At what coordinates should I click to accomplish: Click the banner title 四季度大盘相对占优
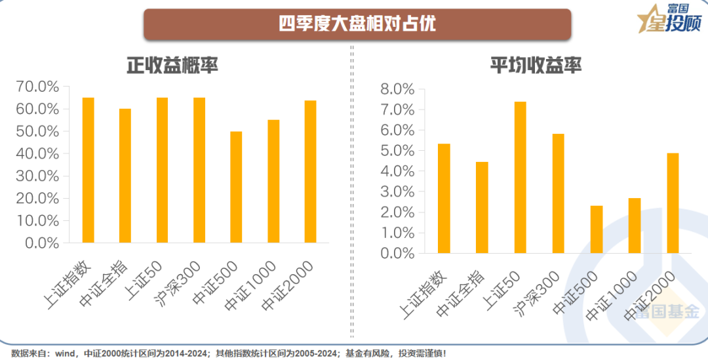pyautogui.click(x=357, y=24)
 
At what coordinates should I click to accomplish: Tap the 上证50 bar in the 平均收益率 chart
pyautogui.click(x=520, y=177)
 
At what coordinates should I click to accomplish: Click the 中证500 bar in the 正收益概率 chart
pyautogui.click(x=236, y=187)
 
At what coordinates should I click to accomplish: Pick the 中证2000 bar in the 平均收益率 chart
pyautogui.click(x=673, y=203)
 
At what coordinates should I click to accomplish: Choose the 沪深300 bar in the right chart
pyautogui.click(x=558, y=193)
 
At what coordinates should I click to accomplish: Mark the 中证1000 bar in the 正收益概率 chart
pyautogui.click(x=273, y=181)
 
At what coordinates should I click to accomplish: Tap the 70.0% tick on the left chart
pyautogui.click(x=37, y=87)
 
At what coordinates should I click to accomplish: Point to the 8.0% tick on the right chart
pyautogui.click(x=398, y=89)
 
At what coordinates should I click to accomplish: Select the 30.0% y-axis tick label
pyautogui.click(x=37, y=176)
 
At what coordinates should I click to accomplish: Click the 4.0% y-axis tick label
pyautogui.click(x=398, y=171)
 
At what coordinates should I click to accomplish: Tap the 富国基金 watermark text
pyautogui.click(x=662, y=313)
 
